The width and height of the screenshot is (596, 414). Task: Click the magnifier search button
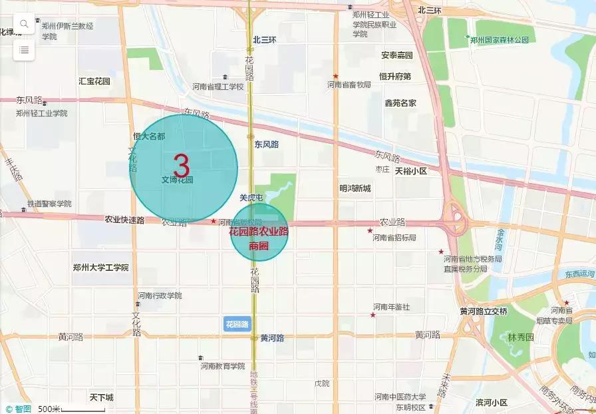click(x=24, y=24)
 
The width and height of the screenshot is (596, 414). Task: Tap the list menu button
click(x=24, y=49)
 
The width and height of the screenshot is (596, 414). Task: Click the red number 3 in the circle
click(x=182, y=166)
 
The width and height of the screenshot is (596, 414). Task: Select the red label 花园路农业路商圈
click(x=259, y=238)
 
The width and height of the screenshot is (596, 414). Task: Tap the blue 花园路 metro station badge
click(x=237, y=324)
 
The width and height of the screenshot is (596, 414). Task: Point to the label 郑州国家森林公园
click(x=499, y=40)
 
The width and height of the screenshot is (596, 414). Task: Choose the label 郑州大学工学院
click(x=101, y=268)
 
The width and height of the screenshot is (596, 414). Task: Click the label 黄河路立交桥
click(x=484, y=311)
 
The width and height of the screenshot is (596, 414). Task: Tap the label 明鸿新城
click(x=355, y=189)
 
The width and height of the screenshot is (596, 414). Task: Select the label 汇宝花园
click(x=94, y=81)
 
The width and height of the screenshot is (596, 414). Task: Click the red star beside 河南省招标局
click(x=370, y=230)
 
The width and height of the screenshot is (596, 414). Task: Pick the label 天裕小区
click(x=410, y=171)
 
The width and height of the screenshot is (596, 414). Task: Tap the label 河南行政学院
click(x=160, y=296)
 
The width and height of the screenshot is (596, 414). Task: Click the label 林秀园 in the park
click(x=521, y=337)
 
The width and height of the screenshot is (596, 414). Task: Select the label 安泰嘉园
click(x=397, y=55)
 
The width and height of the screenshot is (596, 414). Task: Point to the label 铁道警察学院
click(x=49, y=204)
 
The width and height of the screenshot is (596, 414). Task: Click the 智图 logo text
click(x=23, y=409)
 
